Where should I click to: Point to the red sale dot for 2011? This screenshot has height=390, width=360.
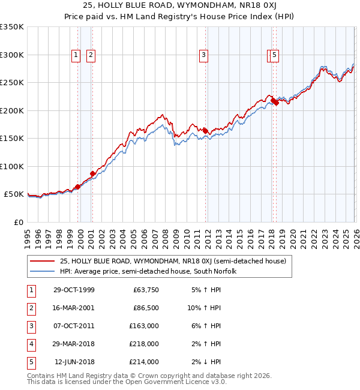pos(205,130)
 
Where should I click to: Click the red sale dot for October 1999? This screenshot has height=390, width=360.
pos(78,187)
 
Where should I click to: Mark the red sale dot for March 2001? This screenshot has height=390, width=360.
pos(92,174)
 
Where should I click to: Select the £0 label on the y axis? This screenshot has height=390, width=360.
pos(19,222)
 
